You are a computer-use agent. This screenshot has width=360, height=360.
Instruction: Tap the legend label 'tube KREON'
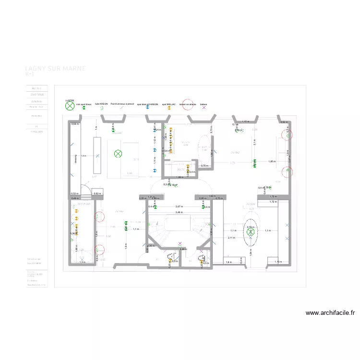(x=101, y=103)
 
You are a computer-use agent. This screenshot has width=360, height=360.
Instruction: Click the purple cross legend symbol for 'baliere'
(x=204, y=108)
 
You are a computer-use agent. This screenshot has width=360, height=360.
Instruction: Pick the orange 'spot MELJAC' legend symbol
(x=169, y=108)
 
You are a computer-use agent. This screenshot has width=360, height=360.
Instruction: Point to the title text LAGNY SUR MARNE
(x=55, y=69)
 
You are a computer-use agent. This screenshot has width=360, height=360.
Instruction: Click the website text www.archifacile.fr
(x=330, y=313)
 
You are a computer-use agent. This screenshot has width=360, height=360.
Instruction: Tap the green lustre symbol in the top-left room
(x=118, y=154)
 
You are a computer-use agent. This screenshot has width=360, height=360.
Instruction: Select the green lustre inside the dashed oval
(x=250, y=232)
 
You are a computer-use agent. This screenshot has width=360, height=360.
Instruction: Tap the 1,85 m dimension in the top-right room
(x=272, y=162)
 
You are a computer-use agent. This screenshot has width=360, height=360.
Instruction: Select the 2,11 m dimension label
(x=231, y=238)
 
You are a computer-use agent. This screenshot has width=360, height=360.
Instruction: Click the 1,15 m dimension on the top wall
(x=245, y=122)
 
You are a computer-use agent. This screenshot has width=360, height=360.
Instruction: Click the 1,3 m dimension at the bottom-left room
(x=82, y=262)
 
